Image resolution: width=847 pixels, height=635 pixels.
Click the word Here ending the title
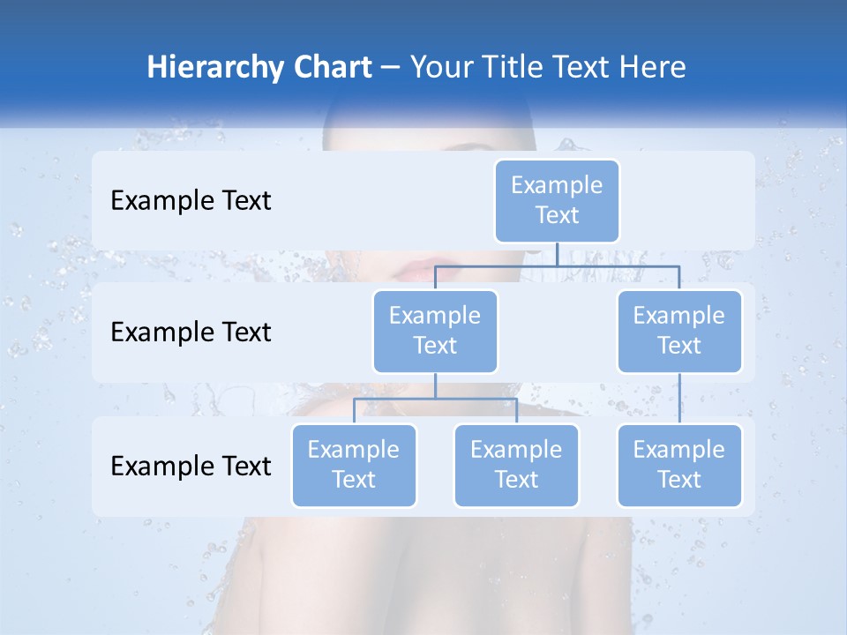coord(650,67)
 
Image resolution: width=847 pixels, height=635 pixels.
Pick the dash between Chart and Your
coord(391,68)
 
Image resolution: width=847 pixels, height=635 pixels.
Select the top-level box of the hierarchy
coord(557,200)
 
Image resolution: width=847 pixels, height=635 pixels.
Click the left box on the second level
coord(435,331)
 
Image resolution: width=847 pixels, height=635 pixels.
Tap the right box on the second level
coord(679,331)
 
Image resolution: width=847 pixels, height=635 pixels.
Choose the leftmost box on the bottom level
coord(354,465)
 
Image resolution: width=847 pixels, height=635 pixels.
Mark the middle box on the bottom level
coord(516,465)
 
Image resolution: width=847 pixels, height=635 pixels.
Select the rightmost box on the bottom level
coord(679,465)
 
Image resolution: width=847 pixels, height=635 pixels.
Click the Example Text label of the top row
coord(191,200)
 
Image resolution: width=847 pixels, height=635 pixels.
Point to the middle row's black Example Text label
coord(191,332)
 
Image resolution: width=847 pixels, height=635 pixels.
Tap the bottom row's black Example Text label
coord(191,465)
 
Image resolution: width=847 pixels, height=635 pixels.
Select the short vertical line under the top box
coord(557,254)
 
